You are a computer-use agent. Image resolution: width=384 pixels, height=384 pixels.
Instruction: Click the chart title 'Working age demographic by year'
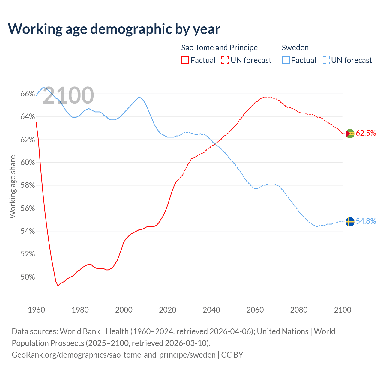point(114,29)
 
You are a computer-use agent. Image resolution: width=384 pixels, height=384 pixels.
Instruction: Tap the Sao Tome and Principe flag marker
point(350,133)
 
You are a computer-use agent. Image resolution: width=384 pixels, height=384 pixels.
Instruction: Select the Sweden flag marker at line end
point(350,222)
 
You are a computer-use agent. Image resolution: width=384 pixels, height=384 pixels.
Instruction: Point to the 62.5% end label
point(366,133)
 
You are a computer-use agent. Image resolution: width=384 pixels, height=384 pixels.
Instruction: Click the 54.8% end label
point(366,221)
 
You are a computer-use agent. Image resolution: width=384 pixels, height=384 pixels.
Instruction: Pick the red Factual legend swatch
point(185,60)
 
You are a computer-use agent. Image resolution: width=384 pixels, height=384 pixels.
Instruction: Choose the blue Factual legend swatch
point(286,60)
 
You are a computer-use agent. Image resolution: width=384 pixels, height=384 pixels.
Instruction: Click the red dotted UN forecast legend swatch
point(225,60)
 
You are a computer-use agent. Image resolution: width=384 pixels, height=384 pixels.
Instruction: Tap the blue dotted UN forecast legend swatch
point(325,60)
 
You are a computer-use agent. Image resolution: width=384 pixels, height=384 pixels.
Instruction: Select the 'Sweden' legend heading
point(295,48)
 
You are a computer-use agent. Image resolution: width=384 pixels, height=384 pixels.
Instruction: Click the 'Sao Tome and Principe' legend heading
point(219,48)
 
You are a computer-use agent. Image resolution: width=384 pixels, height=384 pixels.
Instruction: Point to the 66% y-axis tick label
point(28,94)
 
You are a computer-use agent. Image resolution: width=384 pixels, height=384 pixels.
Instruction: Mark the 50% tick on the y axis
point(28,277)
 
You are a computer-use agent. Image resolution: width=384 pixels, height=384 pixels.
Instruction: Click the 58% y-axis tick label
point(28,185)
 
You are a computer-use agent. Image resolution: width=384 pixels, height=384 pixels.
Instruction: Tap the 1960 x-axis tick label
point(37,310)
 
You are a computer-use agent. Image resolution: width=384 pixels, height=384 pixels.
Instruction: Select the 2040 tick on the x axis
point(211,310)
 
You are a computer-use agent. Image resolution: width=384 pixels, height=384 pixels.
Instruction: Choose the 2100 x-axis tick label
point(343,310)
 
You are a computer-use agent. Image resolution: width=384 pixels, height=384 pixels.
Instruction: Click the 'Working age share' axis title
point(13,187)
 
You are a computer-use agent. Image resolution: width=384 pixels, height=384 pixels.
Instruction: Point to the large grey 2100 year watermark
point(68,95)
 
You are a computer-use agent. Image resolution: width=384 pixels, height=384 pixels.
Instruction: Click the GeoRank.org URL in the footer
point(114,355)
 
